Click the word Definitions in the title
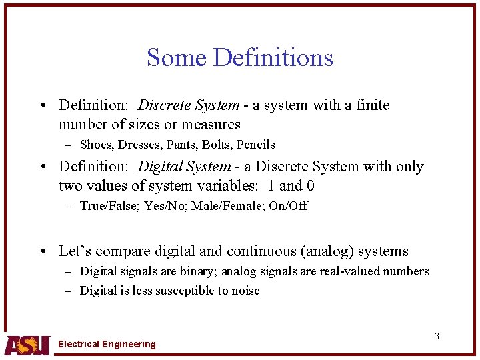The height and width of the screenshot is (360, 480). [273, 58]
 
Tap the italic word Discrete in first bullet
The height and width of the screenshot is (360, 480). [165, 105]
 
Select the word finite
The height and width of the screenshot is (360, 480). [373, 105]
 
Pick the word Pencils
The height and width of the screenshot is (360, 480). [256, 145]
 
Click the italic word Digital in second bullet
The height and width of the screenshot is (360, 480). [161, 167]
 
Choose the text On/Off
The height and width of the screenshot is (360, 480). [288, 206]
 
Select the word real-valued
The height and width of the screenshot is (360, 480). [357, 271]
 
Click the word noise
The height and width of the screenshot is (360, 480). [244, 291]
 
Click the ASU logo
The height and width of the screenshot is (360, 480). [27, 344]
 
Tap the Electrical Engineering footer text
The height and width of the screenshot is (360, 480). [107, 345]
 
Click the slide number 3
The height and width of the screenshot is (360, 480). [437, 336]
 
